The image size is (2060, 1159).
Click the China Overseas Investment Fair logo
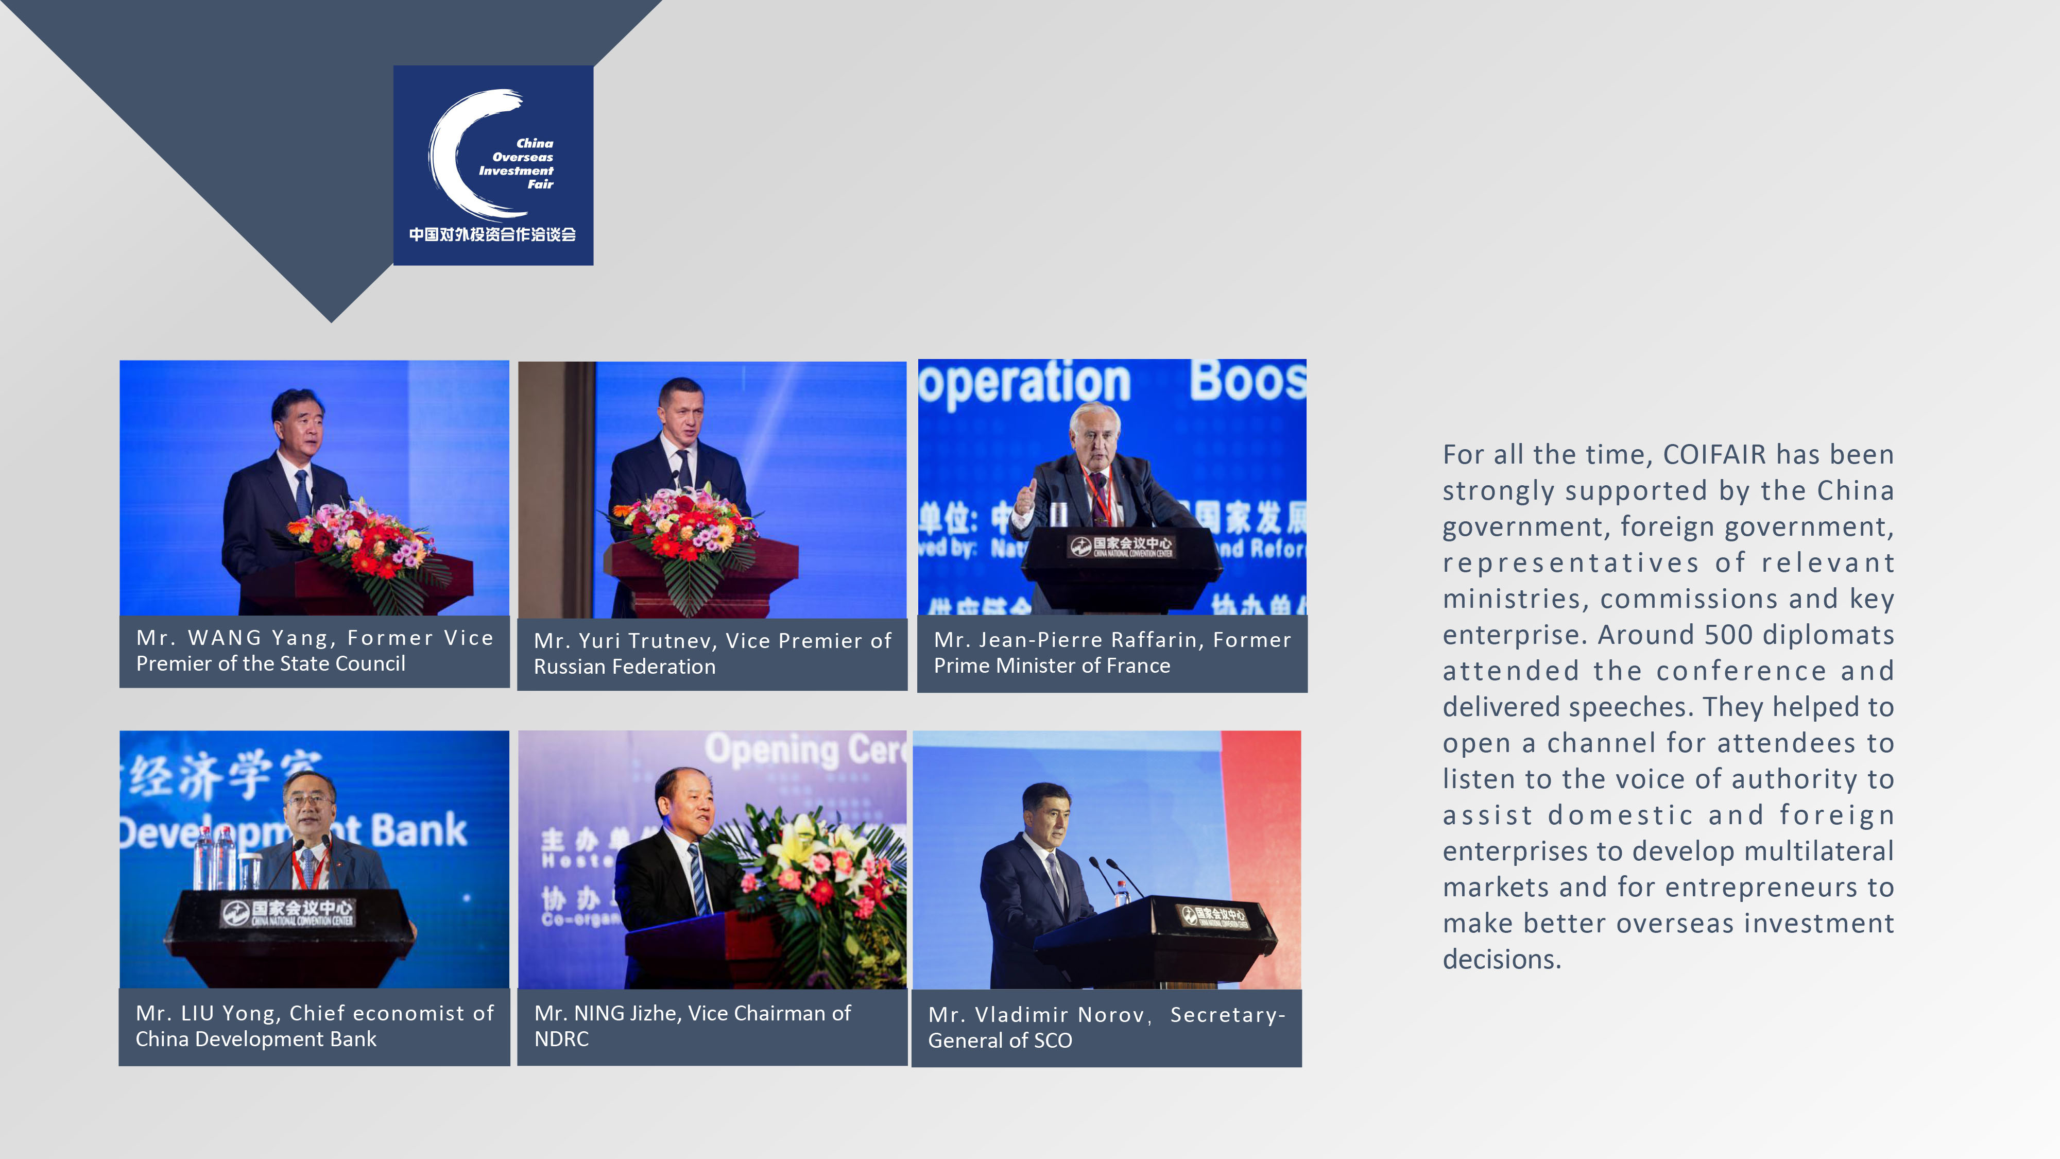pyautogui.click(x=493, y=165)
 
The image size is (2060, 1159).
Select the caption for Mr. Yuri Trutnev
pyautogui.click(x=712, y=654)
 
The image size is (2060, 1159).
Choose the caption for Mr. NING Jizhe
pyautogui.click(x=693, y=1026)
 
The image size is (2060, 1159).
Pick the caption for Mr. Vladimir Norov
pyautogui.click(x=1107, y=1028)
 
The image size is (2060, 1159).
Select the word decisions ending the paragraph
pyautogui.click(x=1502, y=959)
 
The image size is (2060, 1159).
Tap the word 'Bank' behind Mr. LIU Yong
pyautogui.click(x=419, y=829)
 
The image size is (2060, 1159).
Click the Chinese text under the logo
pyautogui.click(x=493, y=234)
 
